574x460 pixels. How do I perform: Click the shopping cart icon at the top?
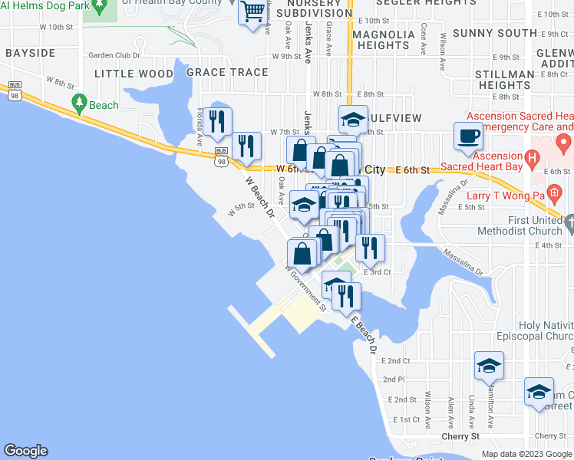(252, 13)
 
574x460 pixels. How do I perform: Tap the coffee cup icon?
(468, 136)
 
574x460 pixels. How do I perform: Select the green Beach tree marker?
(78, 102)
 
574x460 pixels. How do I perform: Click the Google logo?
(25, 451)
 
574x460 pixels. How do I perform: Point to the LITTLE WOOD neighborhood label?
(134, 73)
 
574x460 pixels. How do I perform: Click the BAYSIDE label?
(30, 53)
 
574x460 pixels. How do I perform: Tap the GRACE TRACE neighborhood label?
(227, 73)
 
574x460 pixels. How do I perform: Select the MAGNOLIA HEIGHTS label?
(382, 40)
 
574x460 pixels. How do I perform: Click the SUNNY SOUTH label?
(494, 33)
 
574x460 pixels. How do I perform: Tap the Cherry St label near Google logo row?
(460, 435)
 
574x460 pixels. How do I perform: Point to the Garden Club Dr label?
(114, 55)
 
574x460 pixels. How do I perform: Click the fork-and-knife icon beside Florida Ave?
(219, 121)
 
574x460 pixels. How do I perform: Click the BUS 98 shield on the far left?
(15, 94)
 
